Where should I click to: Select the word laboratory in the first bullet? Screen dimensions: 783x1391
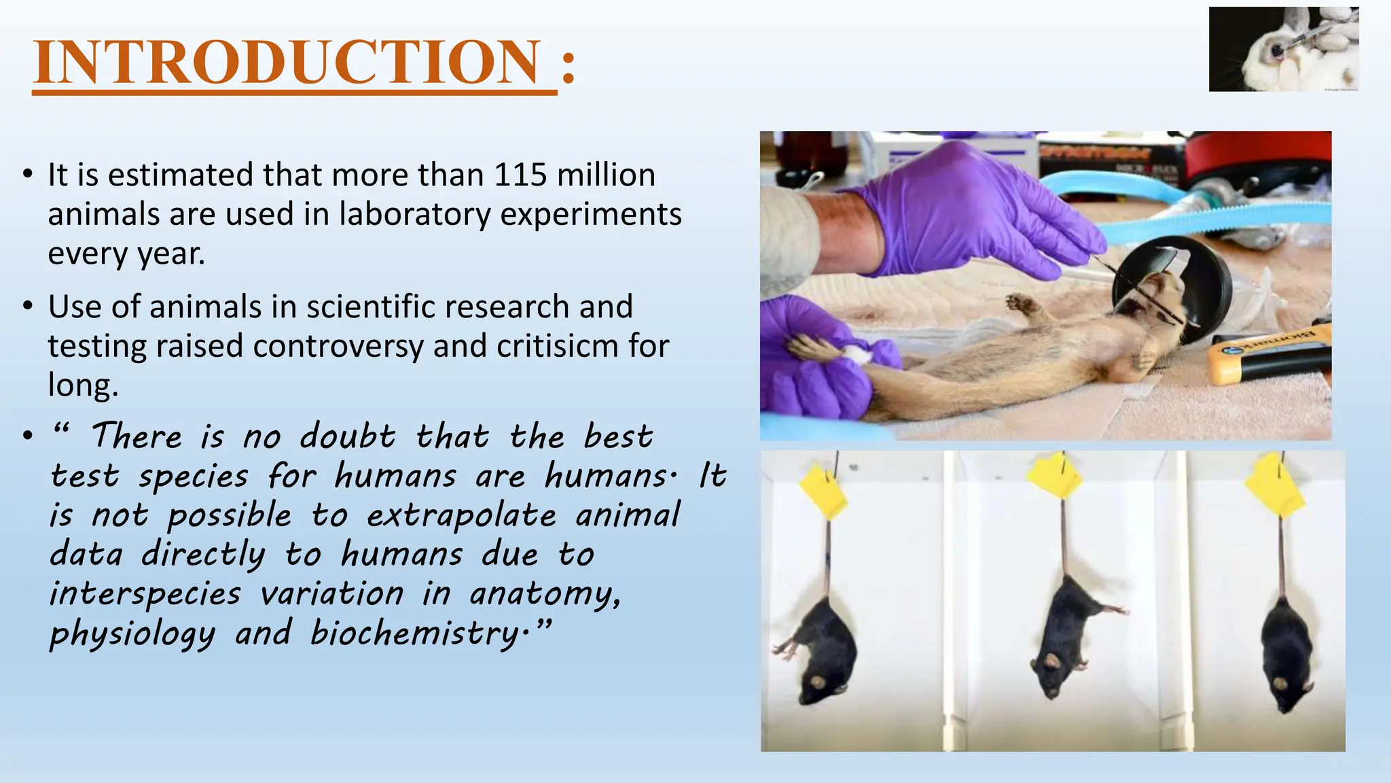(414, 215)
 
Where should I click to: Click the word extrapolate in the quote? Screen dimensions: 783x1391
(461, 515)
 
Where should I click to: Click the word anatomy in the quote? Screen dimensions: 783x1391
(543, 594)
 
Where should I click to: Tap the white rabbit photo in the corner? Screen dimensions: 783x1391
(1283, 49)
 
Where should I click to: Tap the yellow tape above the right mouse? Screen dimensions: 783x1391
(1275, 484)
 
